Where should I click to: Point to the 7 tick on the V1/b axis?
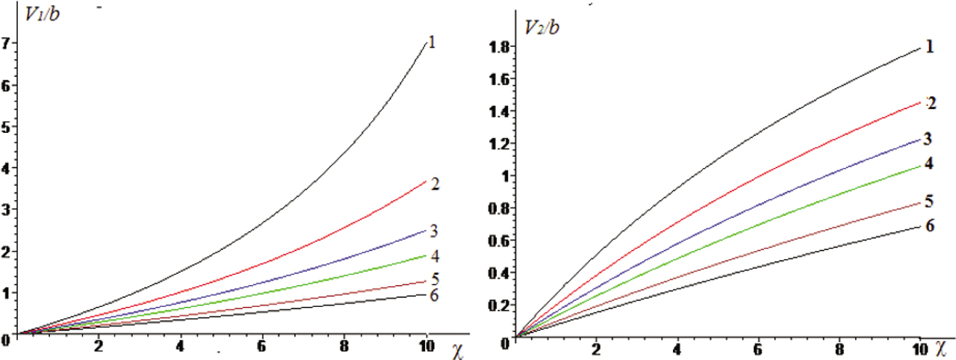7,44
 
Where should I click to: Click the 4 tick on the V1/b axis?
7,169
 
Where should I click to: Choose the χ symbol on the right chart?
942,348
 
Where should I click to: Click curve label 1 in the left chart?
432,42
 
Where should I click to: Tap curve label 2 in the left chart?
434,183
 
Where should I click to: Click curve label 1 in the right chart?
929,47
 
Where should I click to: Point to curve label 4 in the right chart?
928,162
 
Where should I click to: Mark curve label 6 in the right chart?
929,225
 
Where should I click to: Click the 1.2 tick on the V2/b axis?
498,143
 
